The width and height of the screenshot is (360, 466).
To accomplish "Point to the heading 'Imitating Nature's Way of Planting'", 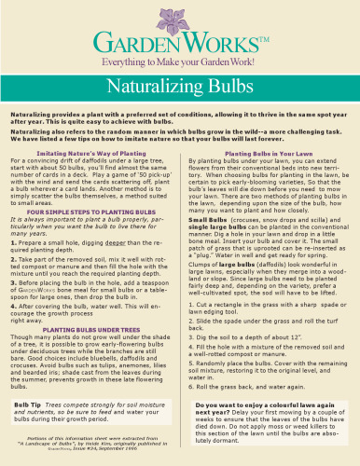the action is pos(94,150).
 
